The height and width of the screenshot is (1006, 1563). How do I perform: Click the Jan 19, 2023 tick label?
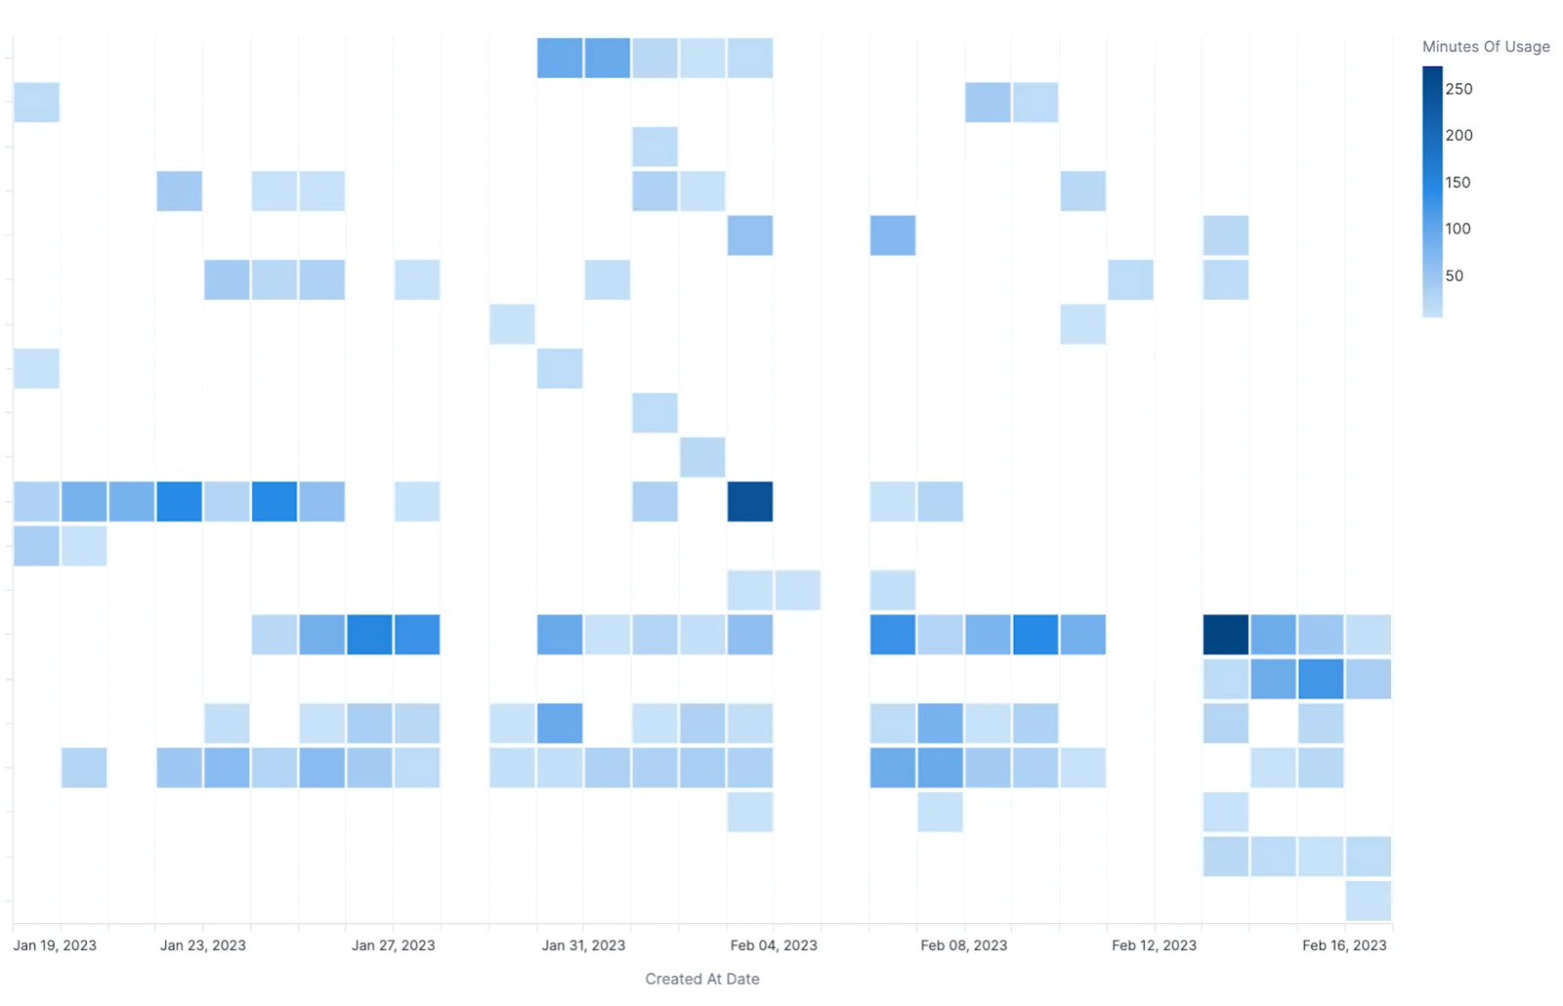55,945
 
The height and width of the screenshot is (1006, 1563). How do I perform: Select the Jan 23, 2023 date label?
203,945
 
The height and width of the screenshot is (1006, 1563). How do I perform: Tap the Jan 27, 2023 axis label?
394,945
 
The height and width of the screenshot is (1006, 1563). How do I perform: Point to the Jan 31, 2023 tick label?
583,945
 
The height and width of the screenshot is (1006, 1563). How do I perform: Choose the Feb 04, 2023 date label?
774,945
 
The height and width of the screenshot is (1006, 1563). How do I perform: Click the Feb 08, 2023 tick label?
964,945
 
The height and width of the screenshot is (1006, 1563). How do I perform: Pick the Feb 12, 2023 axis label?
1154,945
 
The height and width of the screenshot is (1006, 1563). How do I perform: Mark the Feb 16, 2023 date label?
1344,945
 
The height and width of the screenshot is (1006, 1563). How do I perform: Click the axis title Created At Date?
702,979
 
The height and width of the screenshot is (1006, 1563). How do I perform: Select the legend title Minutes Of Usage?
1486,47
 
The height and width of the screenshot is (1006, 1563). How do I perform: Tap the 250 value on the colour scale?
1459,89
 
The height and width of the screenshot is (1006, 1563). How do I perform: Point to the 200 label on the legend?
1459,136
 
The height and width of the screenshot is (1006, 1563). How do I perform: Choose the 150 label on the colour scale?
1457,182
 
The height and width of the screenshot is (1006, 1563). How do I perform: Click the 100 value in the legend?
1457,229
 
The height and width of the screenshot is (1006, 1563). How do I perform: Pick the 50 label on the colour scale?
1455,275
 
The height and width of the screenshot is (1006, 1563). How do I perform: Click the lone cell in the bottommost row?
1369,901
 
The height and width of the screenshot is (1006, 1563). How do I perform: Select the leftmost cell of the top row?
560,58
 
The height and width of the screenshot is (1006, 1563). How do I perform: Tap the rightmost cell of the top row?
750,58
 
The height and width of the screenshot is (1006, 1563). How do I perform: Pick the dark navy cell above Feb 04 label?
750,502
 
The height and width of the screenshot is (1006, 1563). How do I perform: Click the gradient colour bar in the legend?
1432,191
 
